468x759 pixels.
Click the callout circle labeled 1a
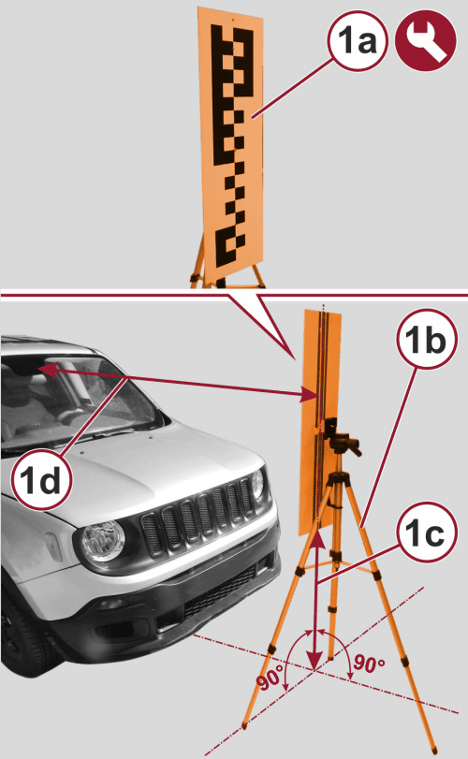pos(358,41)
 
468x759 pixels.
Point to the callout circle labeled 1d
pos(42,480)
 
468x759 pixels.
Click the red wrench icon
pos(425,41)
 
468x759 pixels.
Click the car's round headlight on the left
pos(104,541)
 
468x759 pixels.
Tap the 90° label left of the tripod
pos(271,679)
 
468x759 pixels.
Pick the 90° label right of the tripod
pos(369,664)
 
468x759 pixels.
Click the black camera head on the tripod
pos(340,437)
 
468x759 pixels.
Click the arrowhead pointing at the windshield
pos(46,371)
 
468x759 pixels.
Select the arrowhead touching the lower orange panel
pos(310,396)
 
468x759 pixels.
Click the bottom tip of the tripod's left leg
pos(243,726)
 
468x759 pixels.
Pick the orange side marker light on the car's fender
pos(53,547)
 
